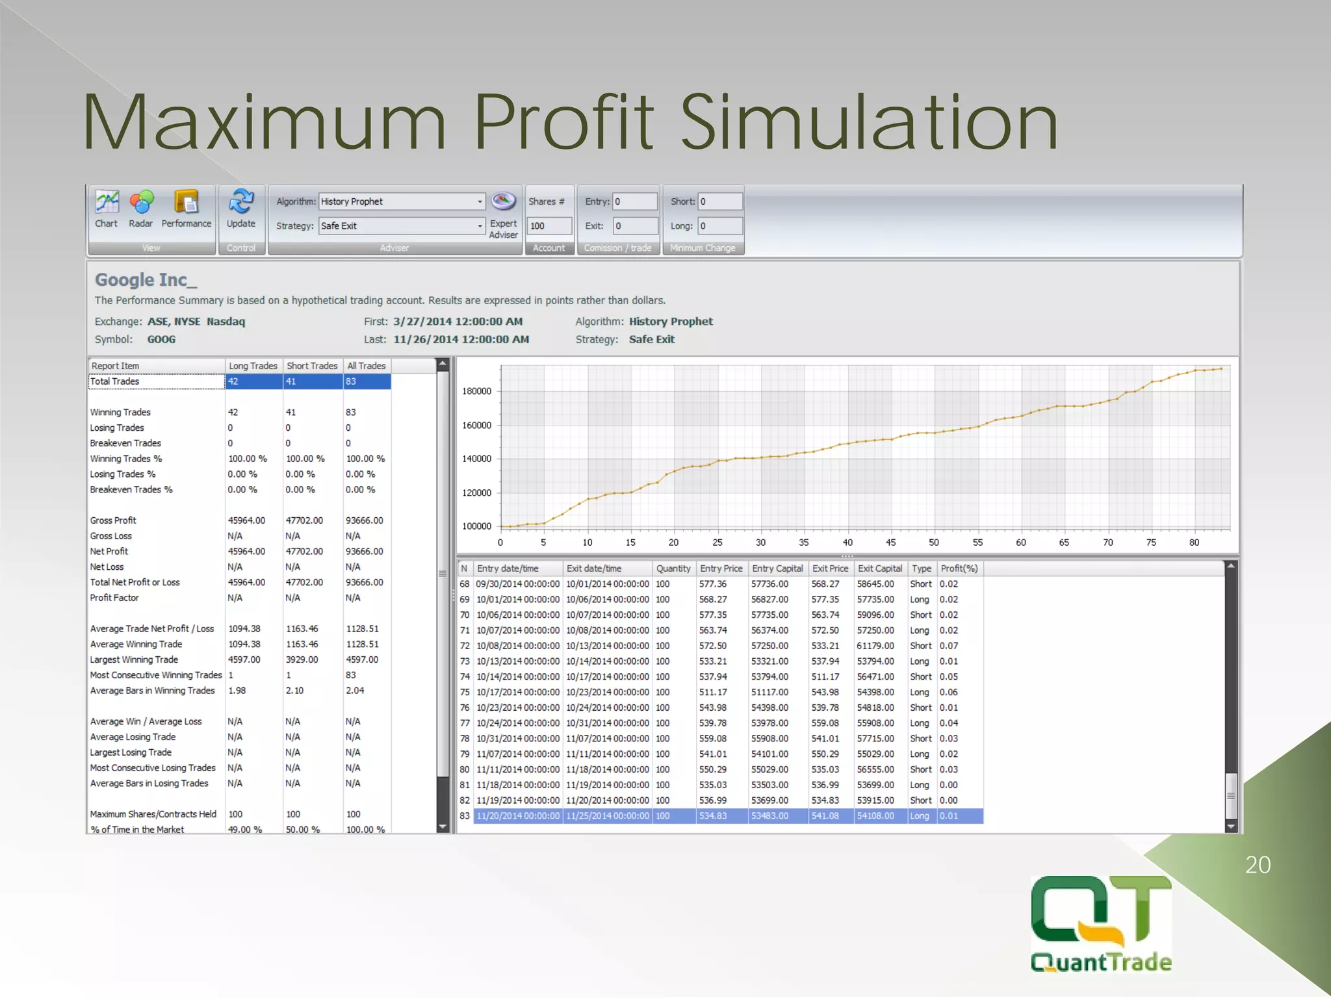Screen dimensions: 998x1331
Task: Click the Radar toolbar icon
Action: click(141, 203)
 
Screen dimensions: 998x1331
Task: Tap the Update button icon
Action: click(240, 203)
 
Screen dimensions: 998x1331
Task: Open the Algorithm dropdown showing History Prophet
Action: click(402, 201)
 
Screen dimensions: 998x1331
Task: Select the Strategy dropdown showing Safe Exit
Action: click(402, 225)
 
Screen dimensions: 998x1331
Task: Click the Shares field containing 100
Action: click(549, 225)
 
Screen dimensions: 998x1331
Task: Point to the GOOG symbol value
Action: click(161, 339)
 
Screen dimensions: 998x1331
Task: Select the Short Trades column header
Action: click(312, 366)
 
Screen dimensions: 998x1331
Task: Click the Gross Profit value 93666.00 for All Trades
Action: click(364, 520)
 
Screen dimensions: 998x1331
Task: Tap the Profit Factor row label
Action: click(114, 598)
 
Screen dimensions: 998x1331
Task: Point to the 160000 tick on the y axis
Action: click(476, 426)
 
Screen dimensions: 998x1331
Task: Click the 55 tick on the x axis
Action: click(977, 543)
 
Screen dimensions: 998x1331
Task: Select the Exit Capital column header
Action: click(880, 569)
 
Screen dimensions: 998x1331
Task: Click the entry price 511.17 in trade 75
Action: click(713, 692)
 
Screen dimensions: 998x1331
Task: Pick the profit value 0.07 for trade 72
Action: click(949, 646)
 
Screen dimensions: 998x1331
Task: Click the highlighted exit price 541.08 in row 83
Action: click(825, 816)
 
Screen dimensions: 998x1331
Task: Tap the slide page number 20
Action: click(1258, 865)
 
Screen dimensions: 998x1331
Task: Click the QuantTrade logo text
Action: click(1101, 962)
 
